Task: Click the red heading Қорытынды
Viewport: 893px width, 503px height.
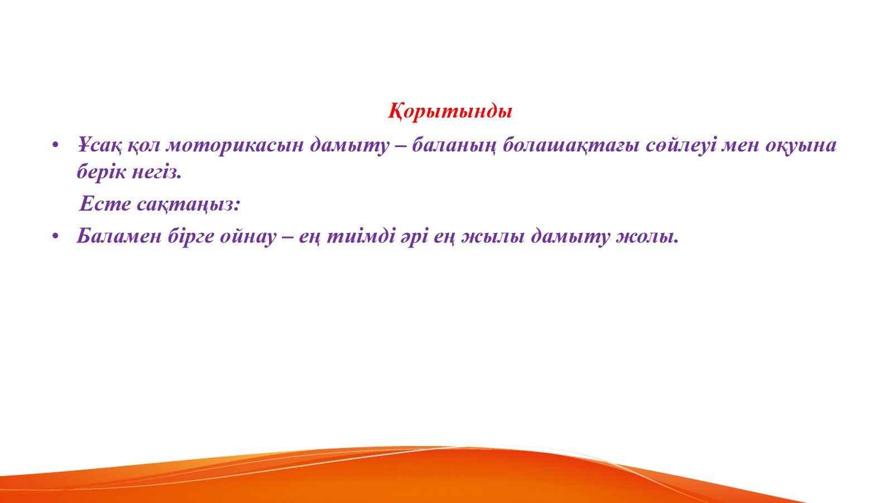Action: (x=450, y=111)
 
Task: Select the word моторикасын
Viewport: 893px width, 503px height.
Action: (x=235, y=145)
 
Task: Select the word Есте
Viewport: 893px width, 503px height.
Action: (x=105, y=203)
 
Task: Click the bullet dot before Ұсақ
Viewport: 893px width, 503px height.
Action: (x=55, y=145)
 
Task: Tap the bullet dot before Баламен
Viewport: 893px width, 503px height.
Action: (x=55, y=236)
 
